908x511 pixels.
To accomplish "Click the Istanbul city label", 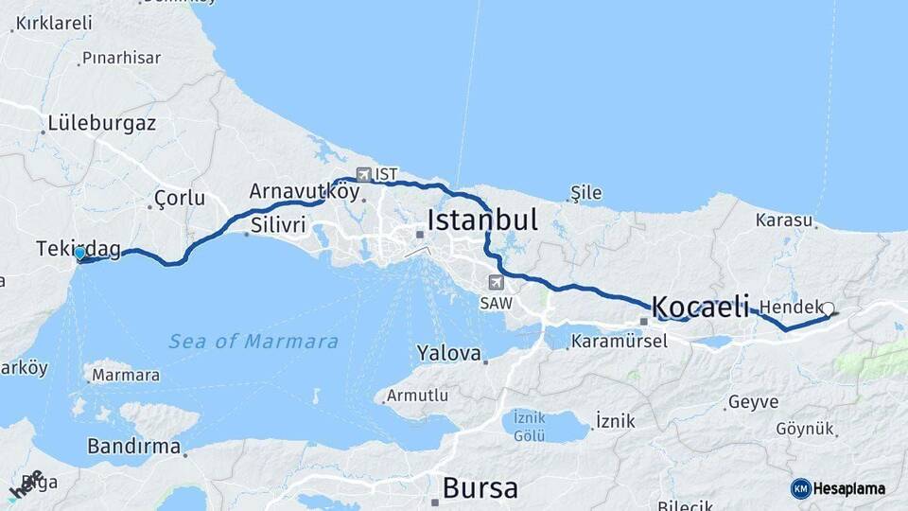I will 482,220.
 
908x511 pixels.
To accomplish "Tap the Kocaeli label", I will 700,307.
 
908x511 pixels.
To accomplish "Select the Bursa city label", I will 480,488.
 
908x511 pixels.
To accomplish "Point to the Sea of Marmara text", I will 253,342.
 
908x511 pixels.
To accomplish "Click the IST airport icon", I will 364,174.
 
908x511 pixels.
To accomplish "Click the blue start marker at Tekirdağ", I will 80,254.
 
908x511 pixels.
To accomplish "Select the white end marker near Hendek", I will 829,308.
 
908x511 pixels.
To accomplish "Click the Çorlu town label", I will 177,199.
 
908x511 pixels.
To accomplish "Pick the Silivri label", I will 279,225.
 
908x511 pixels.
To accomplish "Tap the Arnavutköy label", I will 305,191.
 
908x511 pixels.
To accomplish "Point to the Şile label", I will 585,193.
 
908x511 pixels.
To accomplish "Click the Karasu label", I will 784,220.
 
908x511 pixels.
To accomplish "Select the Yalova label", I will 449,353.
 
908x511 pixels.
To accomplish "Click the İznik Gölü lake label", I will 530,427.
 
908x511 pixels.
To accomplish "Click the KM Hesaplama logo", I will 838,488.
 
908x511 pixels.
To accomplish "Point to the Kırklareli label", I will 53,22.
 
